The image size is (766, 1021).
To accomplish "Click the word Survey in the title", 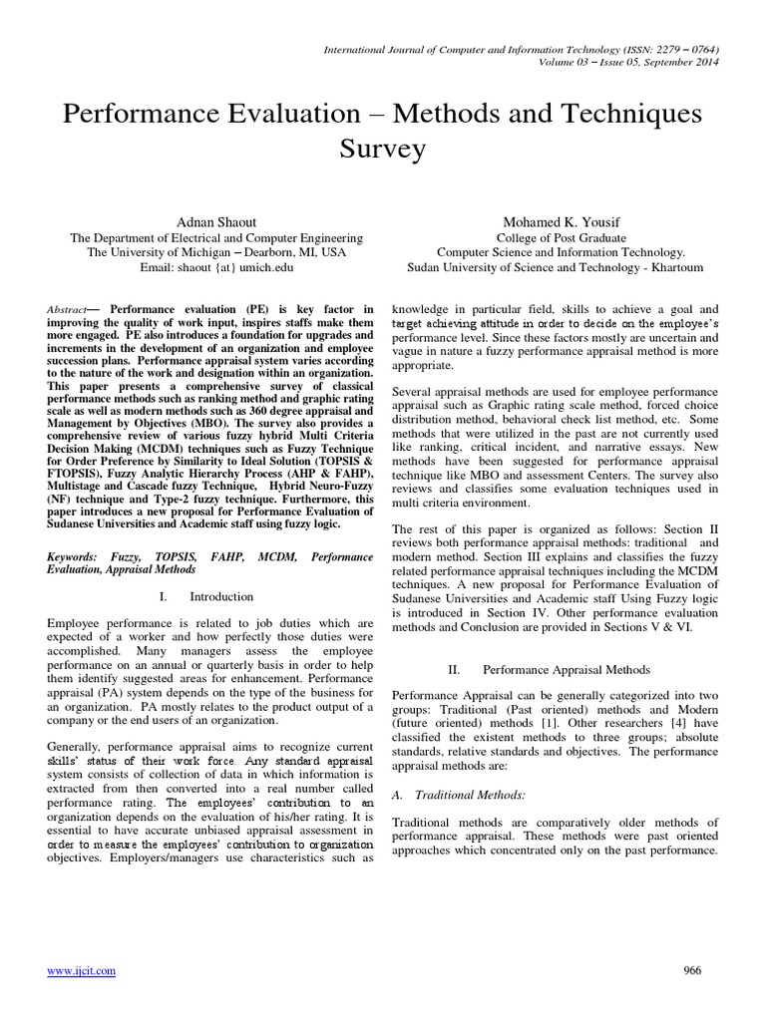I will [383, 151].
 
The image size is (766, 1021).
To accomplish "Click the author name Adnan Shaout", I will [216, 220].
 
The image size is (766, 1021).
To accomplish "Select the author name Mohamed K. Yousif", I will [561, 220].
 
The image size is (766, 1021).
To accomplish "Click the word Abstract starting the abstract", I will [68, 310].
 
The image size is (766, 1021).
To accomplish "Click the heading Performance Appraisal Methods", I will [566, 669].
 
